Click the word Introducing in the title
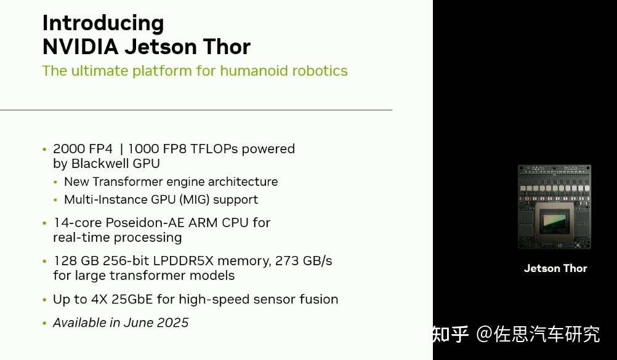pyautogui.click(x=103, y=23)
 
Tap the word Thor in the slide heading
pyautogui.click(x=228, y=47)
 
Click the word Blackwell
pyautogui.click(x=97, y=164)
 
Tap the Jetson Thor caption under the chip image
pyautogui.click(x=555, y=268)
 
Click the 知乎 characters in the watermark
pyautogui.click(x=451, y=334)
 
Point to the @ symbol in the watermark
pyautogui.click(x=485, y=334)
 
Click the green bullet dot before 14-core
pyautogui.click(x=44, y=223)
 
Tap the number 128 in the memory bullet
pyautogui.click(x=64, y=261)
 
